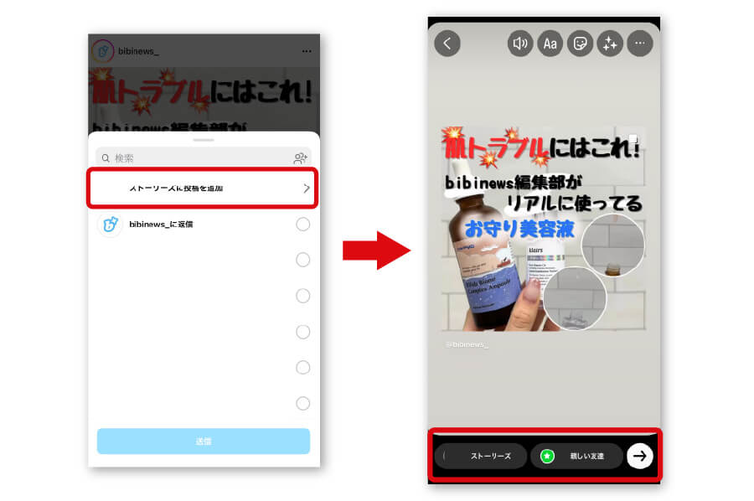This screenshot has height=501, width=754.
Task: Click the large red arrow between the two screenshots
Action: point(376,250)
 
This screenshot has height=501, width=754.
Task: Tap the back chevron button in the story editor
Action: point(447,44)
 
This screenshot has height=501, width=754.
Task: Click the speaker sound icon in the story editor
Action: point(520,44)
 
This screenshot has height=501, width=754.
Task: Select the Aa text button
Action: point(550,44)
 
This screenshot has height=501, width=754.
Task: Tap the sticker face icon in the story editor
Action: point(580,44)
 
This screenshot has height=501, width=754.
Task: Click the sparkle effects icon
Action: point(609,44)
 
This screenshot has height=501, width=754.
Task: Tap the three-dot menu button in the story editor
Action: point(639,44)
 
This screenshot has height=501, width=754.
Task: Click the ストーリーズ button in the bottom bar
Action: point(482,456)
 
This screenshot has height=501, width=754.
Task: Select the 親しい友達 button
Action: point(577,456)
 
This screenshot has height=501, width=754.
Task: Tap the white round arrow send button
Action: point(640,456)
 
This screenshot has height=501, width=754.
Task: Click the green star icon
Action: point(547,456)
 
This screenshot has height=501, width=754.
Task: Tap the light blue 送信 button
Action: point(204,441)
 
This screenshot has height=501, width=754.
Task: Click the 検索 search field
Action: point(193,158)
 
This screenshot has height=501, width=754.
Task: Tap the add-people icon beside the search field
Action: point(300,158)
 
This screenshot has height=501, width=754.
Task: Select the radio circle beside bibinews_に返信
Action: point(302,225)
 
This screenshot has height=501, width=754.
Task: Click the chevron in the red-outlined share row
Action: point(306,189)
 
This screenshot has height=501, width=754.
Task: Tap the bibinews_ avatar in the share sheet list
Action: point(110,225)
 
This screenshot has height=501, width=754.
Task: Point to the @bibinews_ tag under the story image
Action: point(467,344)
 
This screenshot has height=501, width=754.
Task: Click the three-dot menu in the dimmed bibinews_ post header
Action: point(307,51)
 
